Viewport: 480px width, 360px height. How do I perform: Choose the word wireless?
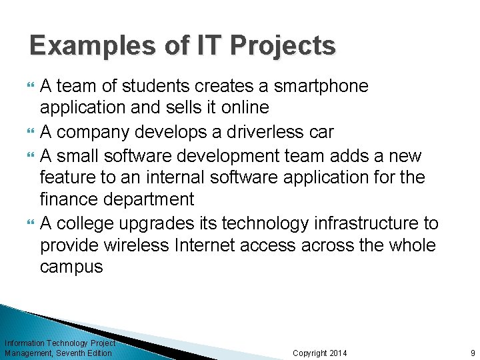click(x=137, y=245)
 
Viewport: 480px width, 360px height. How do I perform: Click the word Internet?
click(x=205, y=245)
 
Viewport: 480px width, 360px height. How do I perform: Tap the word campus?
click(x=71, y=267)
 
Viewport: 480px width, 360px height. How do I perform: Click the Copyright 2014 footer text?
click(x=320, y=353)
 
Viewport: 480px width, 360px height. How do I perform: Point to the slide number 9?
click(x=473, y=353)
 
